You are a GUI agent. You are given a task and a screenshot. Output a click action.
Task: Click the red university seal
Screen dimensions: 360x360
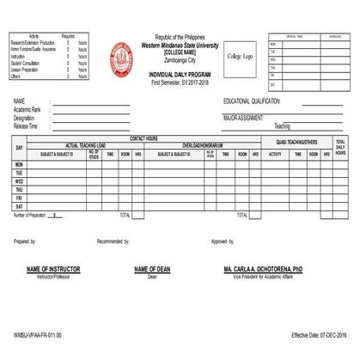point(122,58)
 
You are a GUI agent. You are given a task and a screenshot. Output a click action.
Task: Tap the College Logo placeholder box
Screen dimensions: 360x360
point(240,57)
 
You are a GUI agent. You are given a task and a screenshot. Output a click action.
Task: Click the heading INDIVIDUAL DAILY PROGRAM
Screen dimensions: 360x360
point(179,76)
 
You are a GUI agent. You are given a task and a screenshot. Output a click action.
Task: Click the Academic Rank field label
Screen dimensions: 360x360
point(27,109)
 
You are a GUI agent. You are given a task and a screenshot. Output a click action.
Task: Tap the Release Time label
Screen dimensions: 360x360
point(26,125)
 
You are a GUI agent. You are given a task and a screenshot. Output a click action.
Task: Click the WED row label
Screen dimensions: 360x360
point(19,181)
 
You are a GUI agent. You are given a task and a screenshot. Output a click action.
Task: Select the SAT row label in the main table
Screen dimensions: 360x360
point(19,206)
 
